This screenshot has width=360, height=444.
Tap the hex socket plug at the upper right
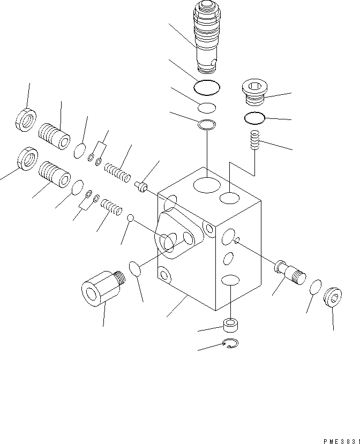(256, 92)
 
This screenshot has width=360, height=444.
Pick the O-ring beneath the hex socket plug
(254, 117)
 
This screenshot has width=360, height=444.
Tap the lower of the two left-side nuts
(26, 159)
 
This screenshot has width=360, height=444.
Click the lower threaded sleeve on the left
(55, 175)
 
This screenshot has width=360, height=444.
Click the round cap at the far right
(331, 298)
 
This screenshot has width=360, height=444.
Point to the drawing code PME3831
(341, 439)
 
